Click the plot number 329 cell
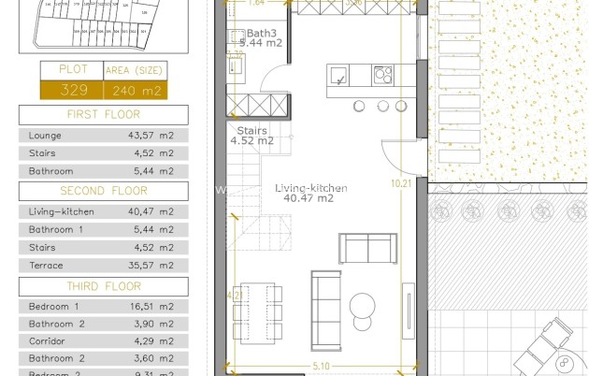pyautogui.click(x=73, y=91)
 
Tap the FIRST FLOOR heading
pyautogui.click(x=103, y=115)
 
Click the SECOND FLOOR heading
pyautogui.click(x=103, y=191)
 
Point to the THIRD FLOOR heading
pyautogui.click(x=103, y=286)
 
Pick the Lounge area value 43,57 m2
pyautogui.click(x=151, y=135)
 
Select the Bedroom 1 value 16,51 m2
pyautogui.click(x=151, y=306)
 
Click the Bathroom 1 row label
pyautogui.click(x=55, y=229)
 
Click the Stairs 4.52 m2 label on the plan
pyautogui.click(x=251, y=137)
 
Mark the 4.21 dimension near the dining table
pyautogui.click(x=235, y=296)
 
